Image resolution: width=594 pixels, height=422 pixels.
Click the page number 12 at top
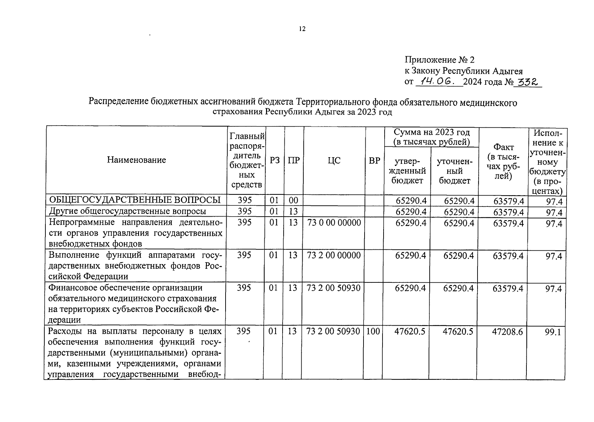[x=302, y=29]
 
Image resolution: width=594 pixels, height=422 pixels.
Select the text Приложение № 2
[x=439, y=60]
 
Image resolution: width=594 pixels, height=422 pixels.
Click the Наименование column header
[x=137, y=160]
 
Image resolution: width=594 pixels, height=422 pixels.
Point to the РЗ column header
[x=275, y=160]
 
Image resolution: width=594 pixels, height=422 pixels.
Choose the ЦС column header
[x=334, y=160]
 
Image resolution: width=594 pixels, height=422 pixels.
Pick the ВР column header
[x=374, y=160]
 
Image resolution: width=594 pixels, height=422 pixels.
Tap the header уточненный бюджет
[x=454, y=171]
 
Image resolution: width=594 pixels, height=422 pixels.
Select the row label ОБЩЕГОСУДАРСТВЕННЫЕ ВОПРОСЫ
[x=135, y=200]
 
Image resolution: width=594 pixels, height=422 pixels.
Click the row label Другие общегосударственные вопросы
[x=127, y=211]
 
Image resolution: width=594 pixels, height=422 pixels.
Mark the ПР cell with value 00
[x=293, y=200]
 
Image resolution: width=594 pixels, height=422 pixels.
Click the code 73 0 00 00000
[x=334, y=223]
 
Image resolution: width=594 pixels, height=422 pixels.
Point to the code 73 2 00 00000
[x=334, y=255]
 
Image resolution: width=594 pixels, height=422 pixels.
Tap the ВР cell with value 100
[x=373, y=331]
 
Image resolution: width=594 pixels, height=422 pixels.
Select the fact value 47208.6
[x=507, y=332]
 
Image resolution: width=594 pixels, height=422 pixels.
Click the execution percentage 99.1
[x=553, y=332]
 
